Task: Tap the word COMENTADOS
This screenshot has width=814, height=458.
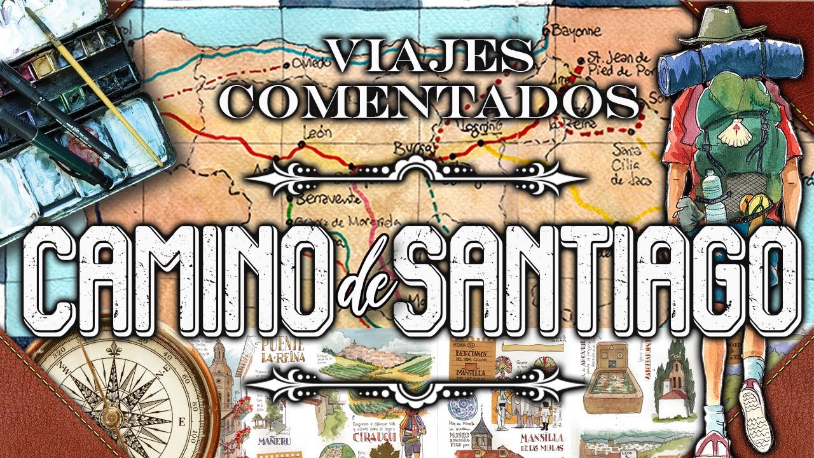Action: click(x=432, y=100)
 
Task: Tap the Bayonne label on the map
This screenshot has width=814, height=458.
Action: click(x=576, y=31)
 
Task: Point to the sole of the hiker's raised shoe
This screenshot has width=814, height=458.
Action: click(x=754, y=413)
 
